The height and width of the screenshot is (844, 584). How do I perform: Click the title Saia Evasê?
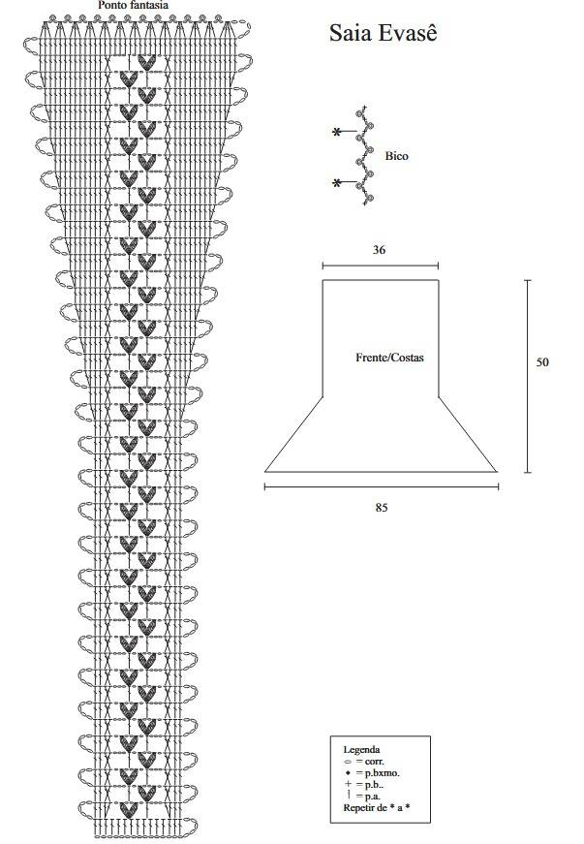point(383,33)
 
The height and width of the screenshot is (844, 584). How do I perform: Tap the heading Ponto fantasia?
point(133,6)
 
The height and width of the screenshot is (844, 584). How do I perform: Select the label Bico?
point(396,156)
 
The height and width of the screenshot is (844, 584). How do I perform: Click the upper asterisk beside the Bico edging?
point(337,132)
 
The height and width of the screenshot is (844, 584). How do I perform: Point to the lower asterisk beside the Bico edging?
point(337,183)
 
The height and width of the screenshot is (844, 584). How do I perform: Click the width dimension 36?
point(379,250)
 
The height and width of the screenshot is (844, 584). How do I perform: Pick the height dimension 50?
point(542,362)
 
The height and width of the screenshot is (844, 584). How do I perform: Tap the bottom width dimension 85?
point(382,507)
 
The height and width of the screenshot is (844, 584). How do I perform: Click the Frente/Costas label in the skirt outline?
point(389,358)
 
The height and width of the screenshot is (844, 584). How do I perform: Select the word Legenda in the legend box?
point(361,749)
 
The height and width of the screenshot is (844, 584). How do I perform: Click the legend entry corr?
point(374,762)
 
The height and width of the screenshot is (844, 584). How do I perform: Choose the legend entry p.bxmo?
point(382,773)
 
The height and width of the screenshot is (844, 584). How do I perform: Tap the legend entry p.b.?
point(374,785)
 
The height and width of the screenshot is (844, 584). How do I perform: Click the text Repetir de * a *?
point(377,808)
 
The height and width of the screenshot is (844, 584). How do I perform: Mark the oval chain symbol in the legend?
point(348,763)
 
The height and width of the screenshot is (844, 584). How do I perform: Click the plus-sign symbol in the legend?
point(348,784)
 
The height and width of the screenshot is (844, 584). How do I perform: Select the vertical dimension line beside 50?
point(528,376)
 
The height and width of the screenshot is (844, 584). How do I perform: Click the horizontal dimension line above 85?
point(382,486)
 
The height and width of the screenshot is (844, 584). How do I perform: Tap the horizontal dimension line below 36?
point(381,266)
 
